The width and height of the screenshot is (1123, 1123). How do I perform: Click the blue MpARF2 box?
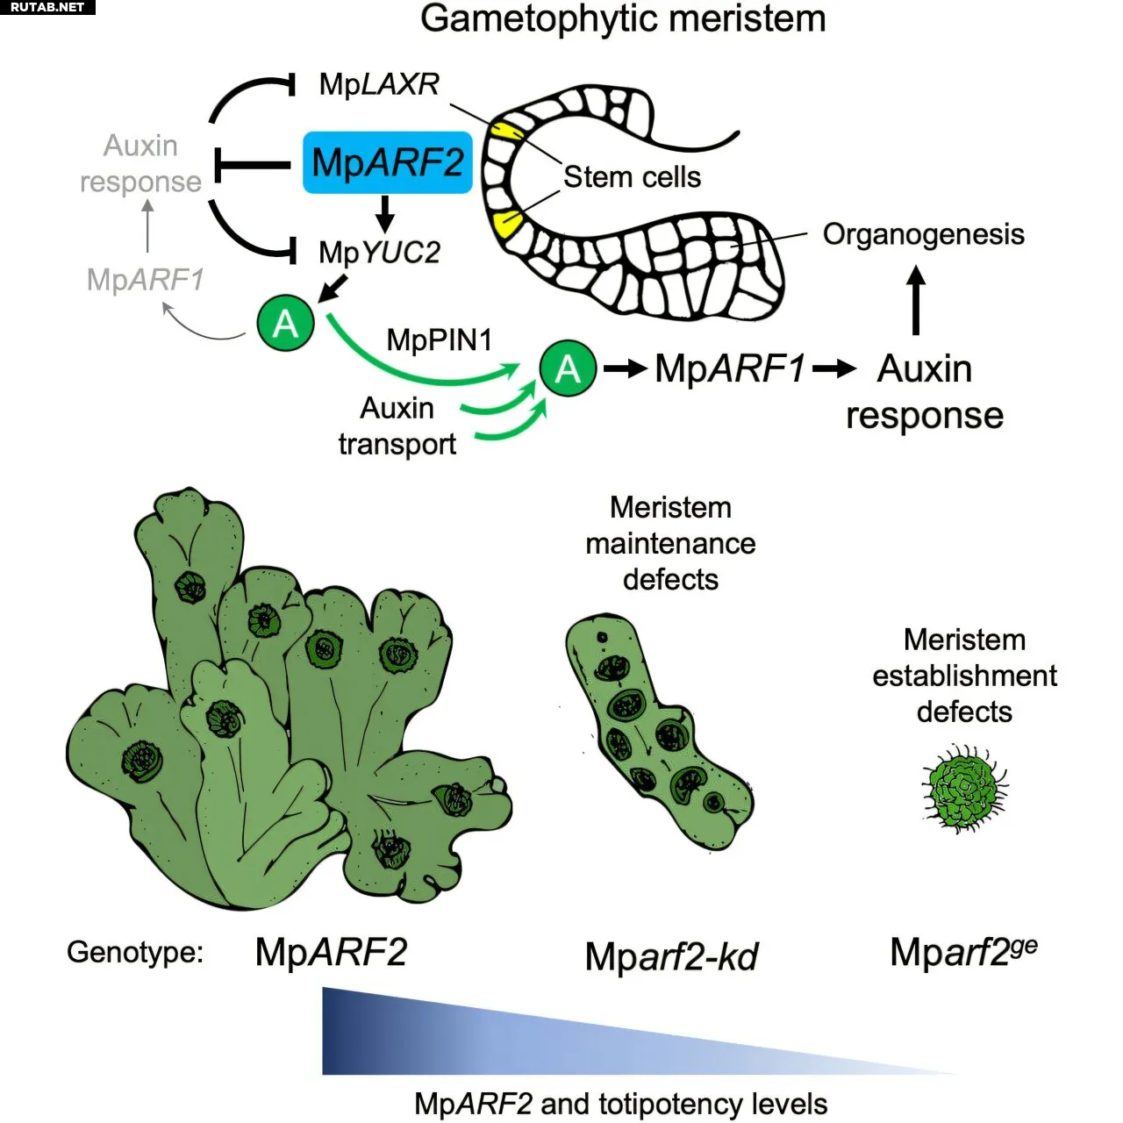tap(387, 163)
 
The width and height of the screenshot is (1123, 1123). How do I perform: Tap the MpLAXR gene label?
tap(379, 84)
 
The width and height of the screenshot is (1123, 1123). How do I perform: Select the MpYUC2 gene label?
tap(379, 253)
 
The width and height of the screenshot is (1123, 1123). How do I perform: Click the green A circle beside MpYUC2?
tap(285, 324)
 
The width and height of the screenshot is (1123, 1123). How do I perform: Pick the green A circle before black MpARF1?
tap(568, 368)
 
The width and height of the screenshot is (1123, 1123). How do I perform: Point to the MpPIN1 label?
tap(440, 340)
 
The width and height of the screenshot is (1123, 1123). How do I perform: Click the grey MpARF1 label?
tap(145, 280)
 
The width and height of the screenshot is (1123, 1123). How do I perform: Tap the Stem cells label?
tap(632, 177)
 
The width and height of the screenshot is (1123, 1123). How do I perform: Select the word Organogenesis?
tap(923, 234)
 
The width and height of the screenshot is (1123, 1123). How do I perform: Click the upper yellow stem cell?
tap(508, 132)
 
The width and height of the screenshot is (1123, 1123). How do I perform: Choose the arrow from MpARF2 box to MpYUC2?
tap(384, 213)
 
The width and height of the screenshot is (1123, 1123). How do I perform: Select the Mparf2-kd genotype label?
tap(671, 956)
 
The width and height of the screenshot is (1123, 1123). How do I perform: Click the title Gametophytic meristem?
tap(623, 18)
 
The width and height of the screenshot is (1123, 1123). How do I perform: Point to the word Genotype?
tap(135, 952)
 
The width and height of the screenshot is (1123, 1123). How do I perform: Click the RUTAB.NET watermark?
tap(47, 7)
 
